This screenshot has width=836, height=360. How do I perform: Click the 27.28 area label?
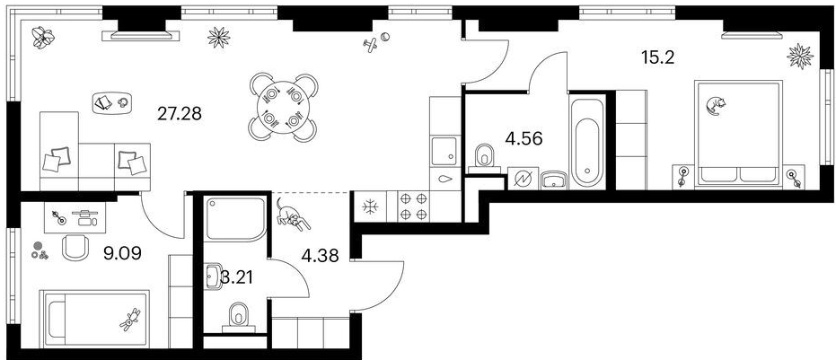point(180,113)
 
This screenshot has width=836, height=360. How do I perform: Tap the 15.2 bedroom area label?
point(658,57)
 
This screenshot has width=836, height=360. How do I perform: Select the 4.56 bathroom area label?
point(524,139)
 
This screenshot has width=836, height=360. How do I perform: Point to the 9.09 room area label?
point(123,253)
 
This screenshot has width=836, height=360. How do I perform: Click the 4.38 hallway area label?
point(321,257)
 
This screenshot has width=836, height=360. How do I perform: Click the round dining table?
point(283,108)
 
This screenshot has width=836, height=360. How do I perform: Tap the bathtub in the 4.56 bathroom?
point(587,141)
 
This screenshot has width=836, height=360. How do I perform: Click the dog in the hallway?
point(292,215)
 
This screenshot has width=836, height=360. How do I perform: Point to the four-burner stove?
point(414,206)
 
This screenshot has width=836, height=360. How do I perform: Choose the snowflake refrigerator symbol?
point(369,207)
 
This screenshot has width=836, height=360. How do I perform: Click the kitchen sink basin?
point(444,151)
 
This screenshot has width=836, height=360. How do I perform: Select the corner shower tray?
point(235,219)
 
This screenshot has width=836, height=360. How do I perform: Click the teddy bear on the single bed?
point(130,319)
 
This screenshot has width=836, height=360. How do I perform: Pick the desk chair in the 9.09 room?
point(75,248)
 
